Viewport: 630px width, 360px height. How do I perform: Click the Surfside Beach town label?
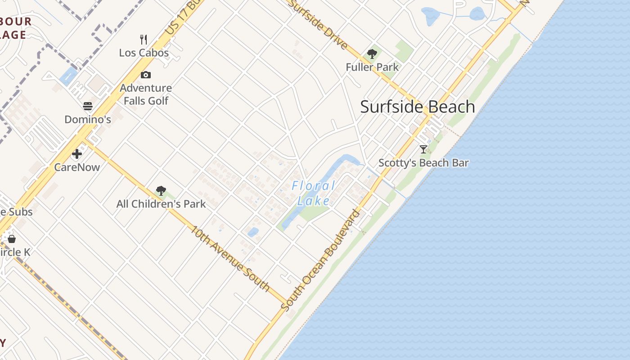[418, 107]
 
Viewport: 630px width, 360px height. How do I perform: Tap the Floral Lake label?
[314, 193]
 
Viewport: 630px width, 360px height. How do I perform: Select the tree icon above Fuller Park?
[372, 54]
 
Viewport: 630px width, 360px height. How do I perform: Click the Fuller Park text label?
[372, 67]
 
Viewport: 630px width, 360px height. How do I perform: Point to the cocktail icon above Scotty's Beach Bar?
[423, 149]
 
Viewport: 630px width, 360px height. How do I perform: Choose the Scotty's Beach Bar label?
[423, 163]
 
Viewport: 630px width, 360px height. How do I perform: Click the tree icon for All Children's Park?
[161, 191]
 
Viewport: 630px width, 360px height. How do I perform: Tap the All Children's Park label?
[161, 204]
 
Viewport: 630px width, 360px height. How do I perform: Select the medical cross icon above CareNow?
[77, 154]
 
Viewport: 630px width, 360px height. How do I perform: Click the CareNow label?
[77, 167]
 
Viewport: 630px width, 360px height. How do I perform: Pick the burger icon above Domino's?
[88, 106]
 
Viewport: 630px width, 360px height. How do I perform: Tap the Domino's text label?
[88, 119]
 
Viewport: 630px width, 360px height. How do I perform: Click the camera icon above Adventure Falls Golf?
[145, 75]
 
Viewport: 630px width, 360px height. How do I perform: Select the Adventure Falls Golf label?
[146, 94]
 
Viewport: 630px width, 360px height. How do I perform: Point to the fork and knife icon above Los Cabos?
[144, 39]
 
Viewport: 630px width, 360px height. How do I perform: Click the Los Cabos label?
[144, 53]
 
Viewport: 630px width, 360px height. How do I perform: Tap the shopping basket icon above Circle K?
[12, 238]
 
